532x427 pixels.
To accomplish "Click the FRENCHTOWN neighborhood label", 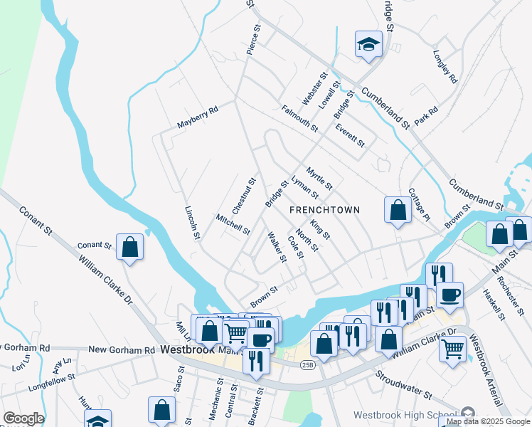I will [x=324, y=210].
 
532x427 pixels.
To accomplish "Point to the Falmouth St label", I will [x=299, y=117].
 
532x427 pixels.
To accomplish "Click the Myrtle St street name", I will [x=319, y=179].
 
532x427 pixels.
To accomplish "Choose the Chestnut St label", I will [x=243, y=194].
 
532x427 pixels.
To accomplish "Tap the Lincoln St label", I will [x=190, y=223].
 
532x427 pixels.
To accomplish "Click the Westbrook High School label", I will [x=406, y=416].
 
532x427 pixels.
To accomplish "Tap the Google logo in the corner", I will [x=23, y=418].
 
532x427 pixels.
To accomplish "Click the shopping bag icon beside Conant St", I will [x=130, y=246].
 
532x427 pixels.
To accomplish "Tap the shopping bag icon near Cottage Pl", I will [x=398, y=209].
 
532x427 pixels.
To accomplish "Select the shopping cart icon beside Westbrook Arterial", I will [x=452, y=349].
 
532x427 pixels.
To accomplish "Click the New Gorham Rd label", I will [x=121, y=350].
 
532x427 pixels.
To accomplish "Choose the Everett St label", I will [x=350, y=134].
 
